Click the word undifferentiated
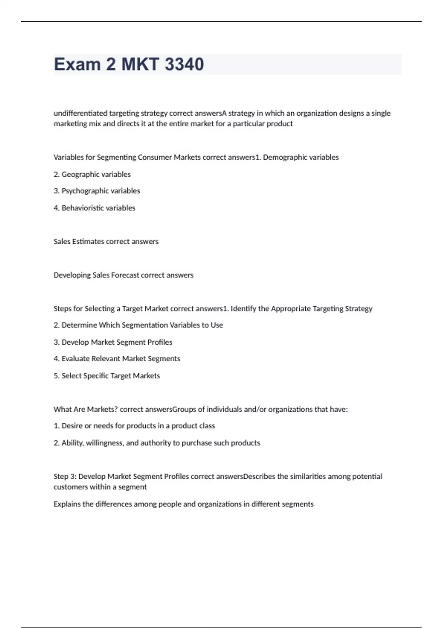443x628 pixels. [x=80, y=113]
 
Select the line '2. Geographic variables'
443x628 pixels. [x=92, y=174]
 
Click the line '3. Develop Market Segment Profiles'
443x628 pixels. [x=113, y=342]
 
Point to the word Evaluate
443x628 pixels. [x=76, y=359]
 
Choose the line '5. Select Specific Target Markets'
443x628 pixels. [x=107, y=376]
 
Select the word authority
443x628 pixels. [x=155, y=443]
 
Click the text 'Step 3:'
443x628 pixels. [x=65, y=477]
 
